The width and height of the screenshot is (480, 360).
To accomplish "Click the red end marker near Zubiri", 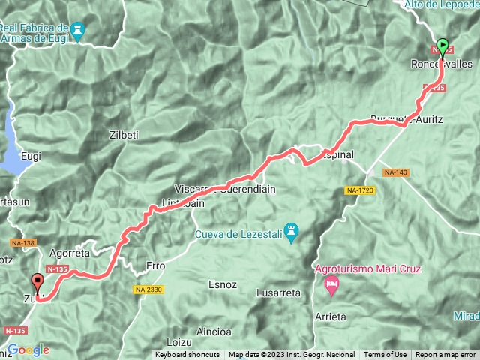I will point(37,284).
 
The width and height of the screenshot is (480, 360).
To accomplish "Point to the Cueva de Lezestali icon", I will point(294,229).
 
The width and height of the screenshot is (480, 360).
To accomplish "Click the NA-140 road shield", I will point(395,172).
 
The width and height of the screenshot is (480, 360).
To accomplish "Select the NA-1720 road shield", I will point(360,190).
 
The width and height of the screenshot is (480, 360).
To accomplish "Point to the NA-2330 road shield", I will point(148,289).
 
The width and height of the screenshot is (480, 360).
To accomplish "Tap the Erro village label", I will point(155,265).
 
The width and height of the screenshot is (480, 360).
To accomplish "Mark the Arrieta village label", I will point(331,316).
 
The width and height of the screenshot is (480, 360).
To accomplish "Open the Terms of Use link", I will point(385,355).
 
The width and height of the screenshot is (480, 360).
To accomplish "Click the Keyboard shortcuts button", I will point(187,355).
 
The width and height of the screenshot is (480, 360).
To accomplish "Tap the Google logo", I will point(28,349).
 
